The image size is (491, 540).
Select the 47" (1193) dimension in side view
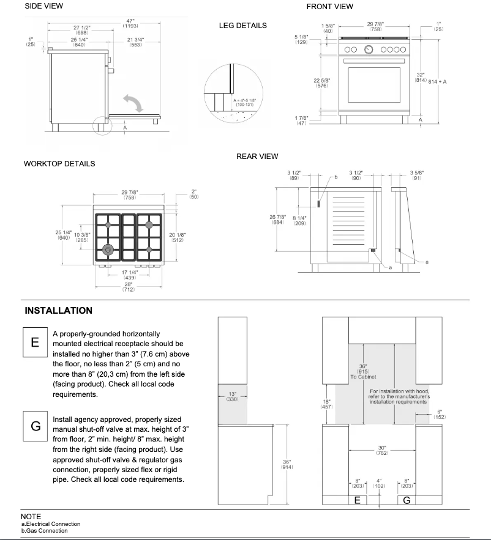pyautogui.click(x=130, y=24)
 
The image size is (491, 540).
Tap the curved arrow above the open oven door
pyautogui.click(x=133, y=102)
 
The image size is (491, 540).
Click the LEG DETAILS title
pyautogui.click(x=242, y=26)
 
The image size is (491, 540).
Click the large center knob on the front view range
pyautogui.click(x=369, y=50)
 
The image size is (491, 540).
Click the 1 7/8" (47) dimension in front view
pyautogui.click(x=301, y=120)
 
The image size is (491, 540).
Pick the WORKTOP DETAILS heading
pyautogui.click(x=59, y=164)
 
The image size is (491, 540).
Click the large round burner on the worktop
pyautogui.click(x=109, y=249)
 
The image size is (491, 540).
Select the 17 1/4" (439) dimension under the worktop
pyautogui.click(x=129, y=275)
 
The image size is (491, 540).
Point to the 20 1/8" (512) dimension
pyautogui.click(x=177, y=237)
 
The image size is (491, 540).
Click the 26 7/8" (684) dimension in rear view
pyautogui.click(x=277, y=219)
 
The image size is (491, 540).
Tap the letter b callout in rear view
pyautogui.click(x=335, y=177)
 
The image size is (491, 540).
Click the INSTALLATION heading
pyautogui.click(x=59, y=311)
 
